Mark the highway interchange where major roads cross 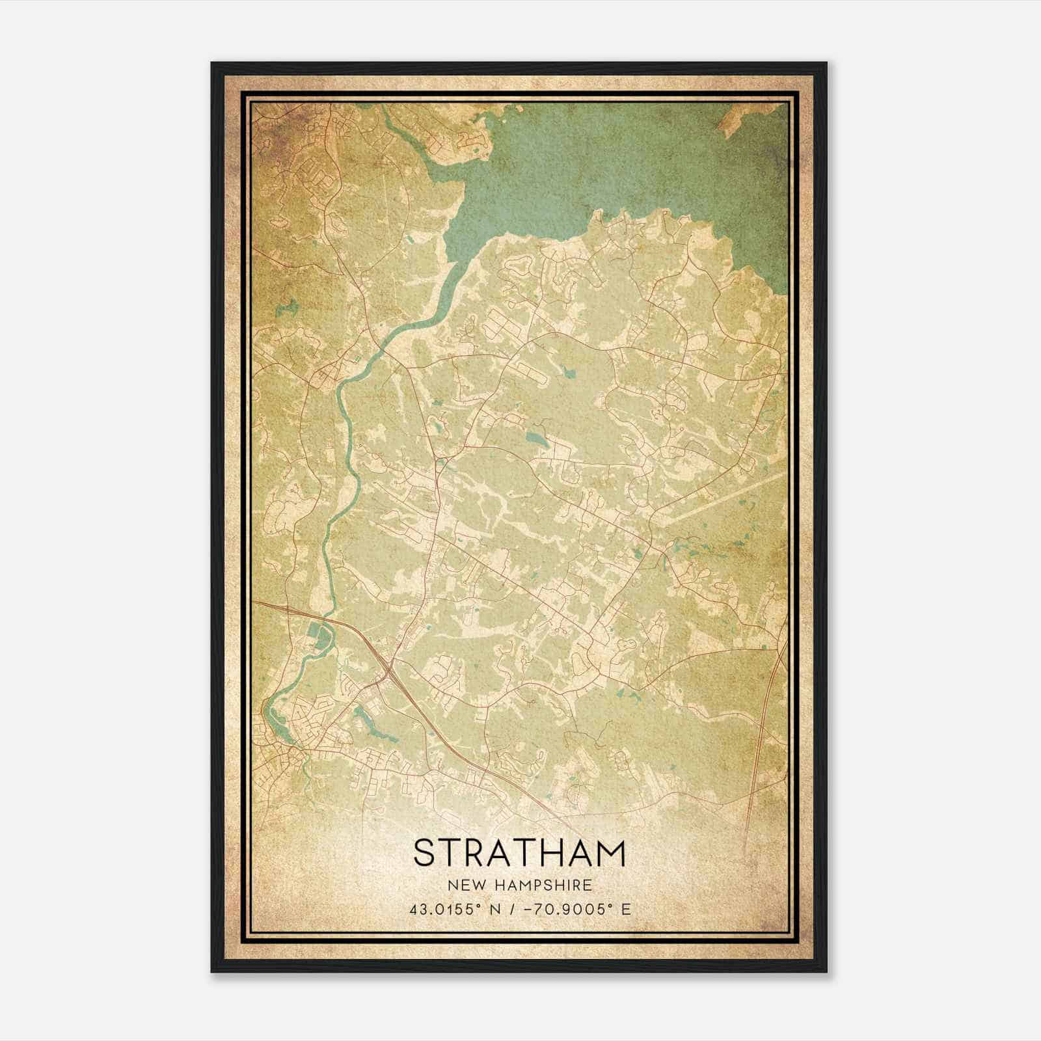pos(388,665)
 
